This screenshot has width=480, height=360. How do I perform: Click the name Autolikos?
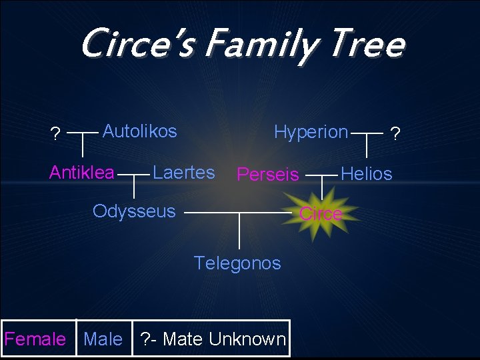pyautogui.click(x=139, y=131)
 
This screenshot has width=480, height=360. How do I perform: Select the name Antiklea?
pyautogui.click(x=82, y=173)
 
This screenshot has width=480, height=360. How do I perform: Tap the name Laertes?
pyautogui.click(x=183, y=173)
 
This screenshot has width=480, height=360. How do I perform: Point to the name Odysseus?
pyautogui.click(x=134, y=211)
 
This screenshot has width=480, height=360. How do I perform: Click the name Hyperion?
pyautogui.click(x=311, y=132)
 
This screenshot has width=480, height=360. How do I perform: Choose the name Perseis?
pyautogui.click(x=268, y=175)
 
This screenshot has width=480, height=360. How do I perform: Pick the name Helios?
pyautogui.click(x=366, y=174)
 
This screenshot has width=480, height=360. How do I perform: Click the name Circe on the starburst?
pyautogui.click(x=321, y=214)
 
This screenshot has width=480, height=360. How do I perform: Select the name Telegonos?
pyautogui.click(x=237, y=263)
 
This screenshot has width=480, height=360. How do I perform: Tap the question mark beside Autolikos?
pyautogui.click(x=55, y=135)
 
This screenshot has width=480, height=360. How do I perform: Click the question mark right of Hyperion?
pyautogui.click(x=395, y=135)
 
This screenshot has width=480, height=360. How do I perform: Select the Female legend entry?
pyautogui.click(x=35, y=339)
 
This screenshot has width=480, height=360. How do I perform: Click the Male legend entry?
pyautogui.click(x=103, y=339)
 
